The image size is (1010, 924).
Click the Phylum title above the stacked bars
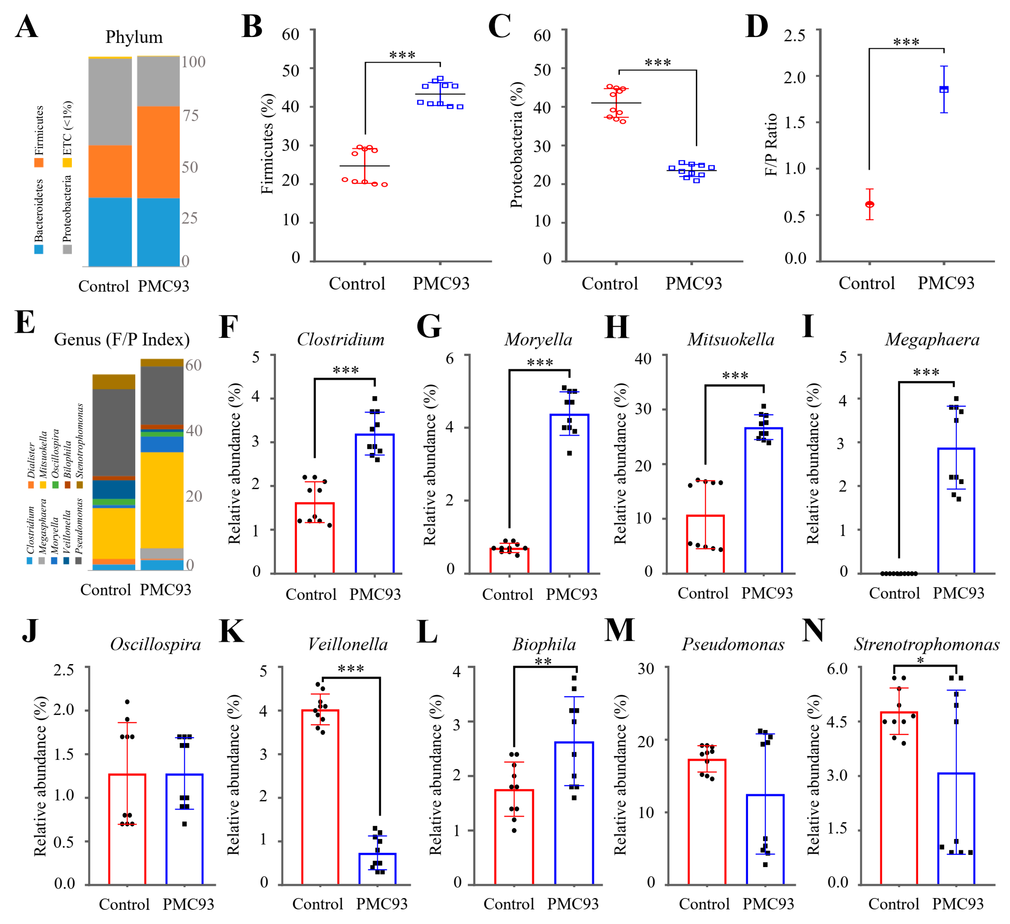[134, 37]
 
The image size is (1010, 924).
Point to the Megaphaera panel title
[932, 340]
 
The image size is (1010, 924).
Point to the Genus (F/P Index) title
[122, 340]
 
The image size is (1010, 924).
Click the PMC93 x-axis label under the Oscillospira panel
[188, 904]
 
